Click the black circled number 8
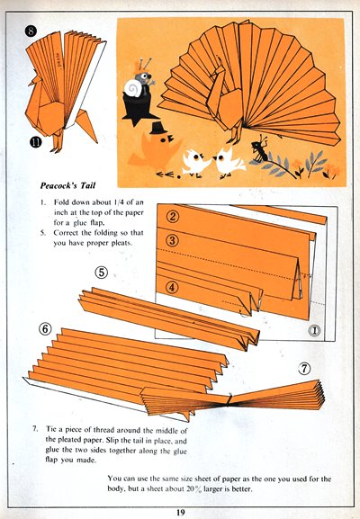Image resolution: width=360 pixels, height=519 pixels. tap(31, 31)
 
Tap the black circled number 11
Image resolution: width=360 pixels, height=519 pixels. tap(36, 142)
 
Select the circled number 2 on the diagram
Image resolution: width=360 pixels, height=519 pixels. tap(173, 217)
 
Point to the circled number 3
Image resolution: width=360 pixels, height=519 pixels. tap(172, 240)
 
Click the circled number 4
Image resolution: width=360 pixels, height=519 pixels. tap(172, 287)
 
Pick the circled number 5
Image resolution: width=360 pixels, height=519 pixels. tap(102, 272)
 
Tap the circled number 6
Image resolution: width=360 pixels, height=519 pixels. tap(45, 329)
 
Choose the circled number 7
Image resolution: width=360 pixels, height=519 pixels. tap(304, 368)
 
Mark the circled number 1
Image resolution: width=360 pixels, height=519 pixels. tap(314, 330)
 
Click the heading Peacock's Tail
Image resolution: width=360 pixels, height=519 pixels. tap(67, 185)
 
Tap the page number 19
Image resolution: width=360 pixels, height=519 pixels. tap(180, 513)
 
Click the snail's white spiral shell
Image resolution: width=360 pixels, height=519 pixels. tap(134, 88)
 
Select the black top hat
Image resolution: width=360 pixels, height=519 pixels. tap(157, 128)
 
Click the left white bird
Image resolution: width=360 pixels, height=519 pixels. tap(196, 162)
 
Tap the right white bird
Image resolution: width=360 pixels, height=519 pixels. tap(229, 161)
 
